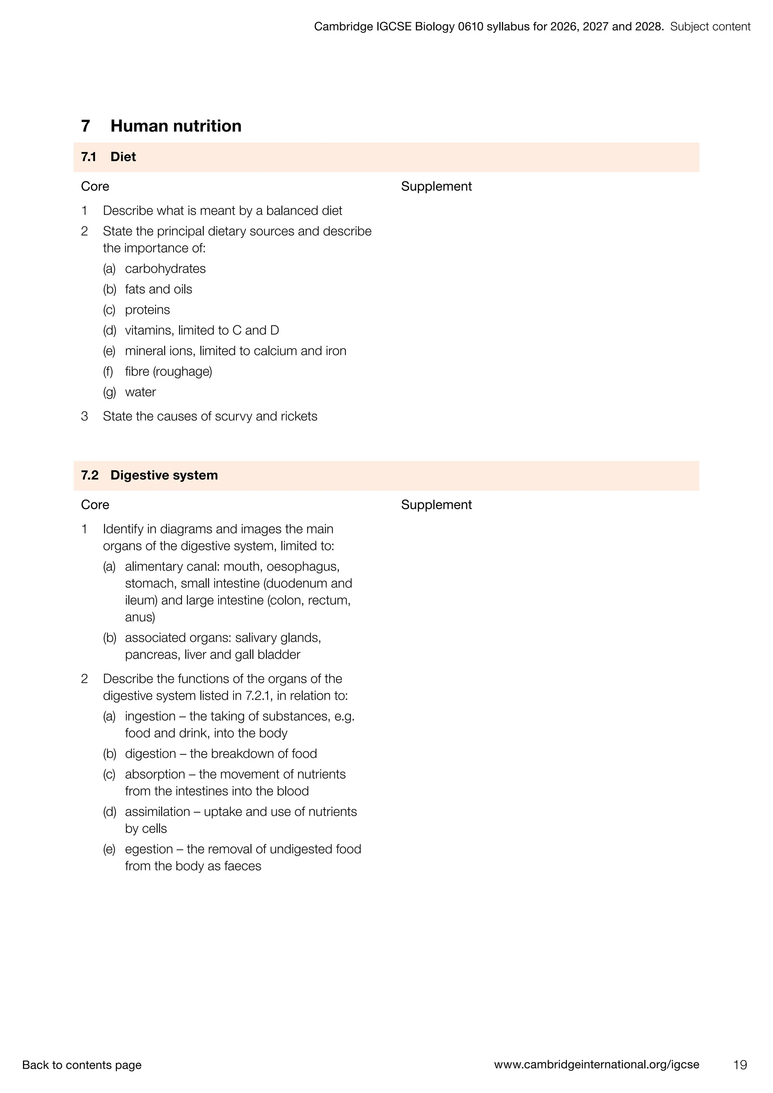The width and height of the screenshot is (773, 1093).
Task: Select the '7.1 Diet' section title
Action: point(109,157)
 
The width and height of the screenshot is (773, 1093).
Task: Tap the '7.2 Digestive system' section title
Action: point(149,475)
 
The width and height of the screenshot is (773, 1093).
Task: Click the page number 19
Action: point(740,1064)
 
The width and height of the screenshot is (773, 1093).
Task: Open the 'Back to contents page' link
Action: point(82,1065)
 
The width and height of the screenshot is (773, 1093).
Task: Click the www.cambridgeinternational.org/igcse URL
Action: point(596,1064)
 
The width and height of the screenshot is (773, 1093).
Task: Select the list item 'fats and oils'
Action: point(159,289)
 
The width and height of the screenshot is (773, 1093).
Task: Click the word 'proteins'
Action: point(147,309)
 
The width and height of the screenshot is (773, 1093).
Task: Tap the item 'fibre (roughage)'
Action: point(168,371)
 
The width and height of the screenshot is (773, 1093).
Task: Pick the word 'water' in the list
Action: point(140,392)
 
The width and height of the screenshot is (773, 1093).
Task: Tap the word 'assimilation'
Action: point(157,812)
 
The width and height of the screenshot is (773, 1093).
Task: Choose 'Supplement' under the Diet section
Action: point(436,186)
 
